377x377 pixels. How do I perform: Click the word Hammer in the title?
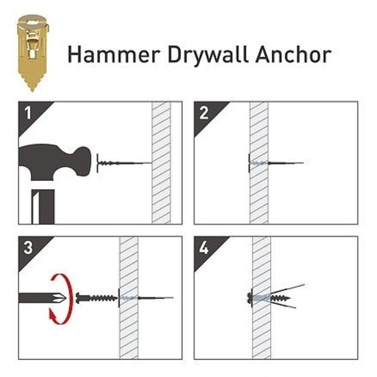coord(114,54)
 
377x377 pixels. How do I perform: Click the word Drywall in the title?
coord(208,55)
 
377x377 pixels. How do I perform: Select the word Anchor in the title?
coord(294,54)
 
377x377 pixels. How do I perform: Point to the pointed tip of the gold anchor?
coord(33,91)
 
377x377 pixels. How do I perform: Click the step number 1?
coord(28,113)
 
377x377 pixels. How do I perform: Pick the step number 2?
coord(204,113)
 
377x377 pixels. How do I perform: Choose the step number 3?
coord(28,248)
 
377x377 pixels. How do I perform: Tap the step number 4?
coord(204,248)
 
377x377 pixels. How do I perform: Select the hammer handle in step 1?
coord(43,207)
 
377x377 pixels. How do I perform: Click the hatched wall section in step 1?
coord(161,163)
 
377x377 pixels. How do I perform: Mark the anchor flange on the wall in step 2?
coord(249,163)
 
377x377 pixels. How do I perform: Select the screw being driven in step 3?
coord(97,298)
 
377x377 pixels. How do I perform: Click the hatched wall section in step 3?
coord(129,297)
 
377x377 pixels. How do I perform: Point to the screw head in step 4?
coord(250,298)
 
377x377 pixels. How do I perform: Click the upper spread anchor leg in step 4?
coord(287,289)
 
